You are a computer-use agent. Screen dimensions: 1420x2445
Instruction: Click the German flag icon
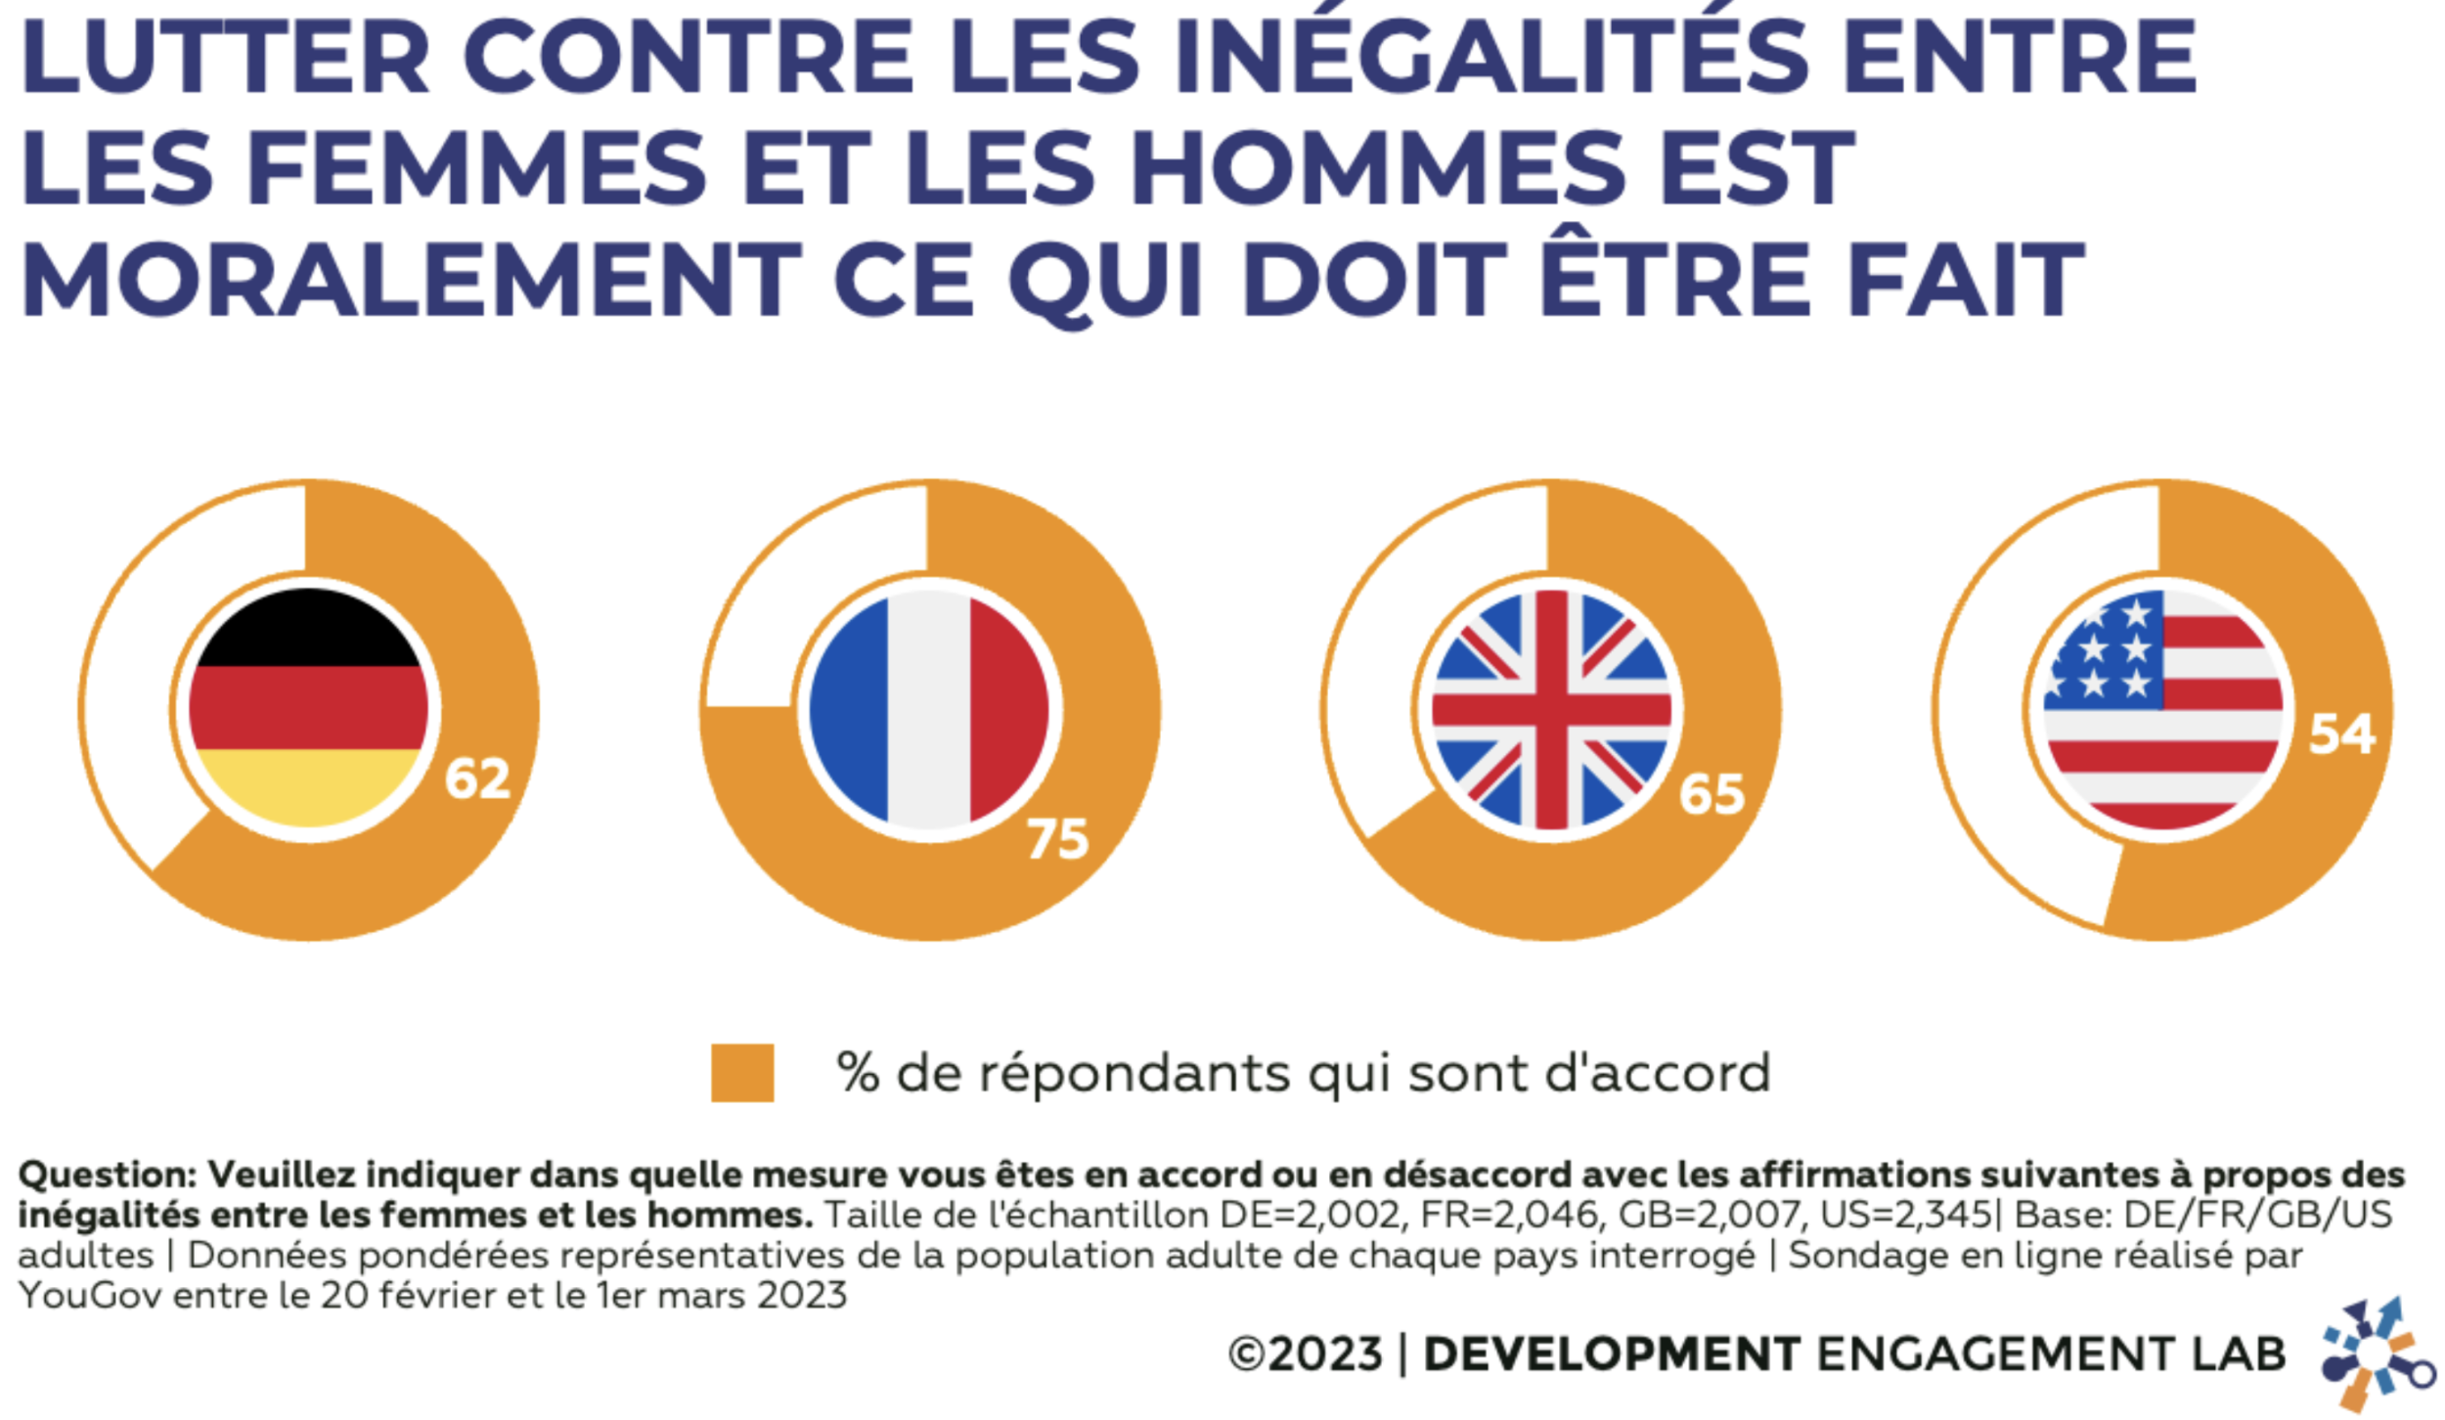308,708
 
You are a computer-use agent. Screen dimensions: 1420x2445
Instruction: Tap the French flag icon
929,708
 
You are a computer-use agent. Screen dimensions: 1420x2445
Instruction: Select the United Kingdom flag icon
1551,708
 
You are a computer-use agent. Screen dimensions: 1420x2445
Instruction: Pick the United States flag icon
2163,708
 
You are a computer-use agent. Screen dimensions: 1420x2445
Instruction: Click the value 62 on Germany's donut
477,779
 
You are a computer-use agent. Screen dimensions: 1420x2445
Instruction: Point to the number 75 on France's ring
1057,839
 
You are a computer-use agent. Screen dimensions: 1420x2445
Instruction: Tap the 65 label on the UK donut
1711,794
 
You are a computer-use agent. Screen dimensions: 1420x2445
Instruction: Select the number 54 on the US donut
2341,733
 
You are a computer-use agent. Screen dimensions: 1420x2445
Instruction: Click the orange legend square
742,1073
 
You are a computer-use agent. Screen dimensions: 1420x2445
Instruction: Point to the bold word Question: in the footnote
108,1175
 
